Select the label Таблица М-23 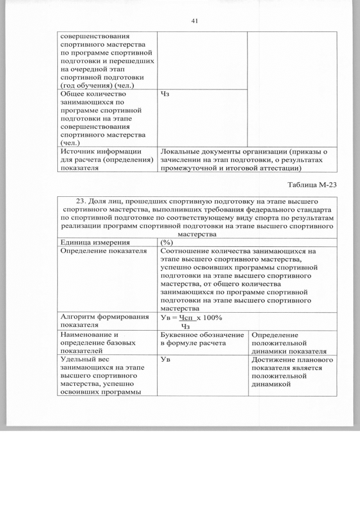[312, 184]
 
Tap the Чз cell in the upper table [165, 94]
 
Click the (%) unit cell [167, 242]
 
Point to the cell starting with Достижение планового [292, 372]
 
